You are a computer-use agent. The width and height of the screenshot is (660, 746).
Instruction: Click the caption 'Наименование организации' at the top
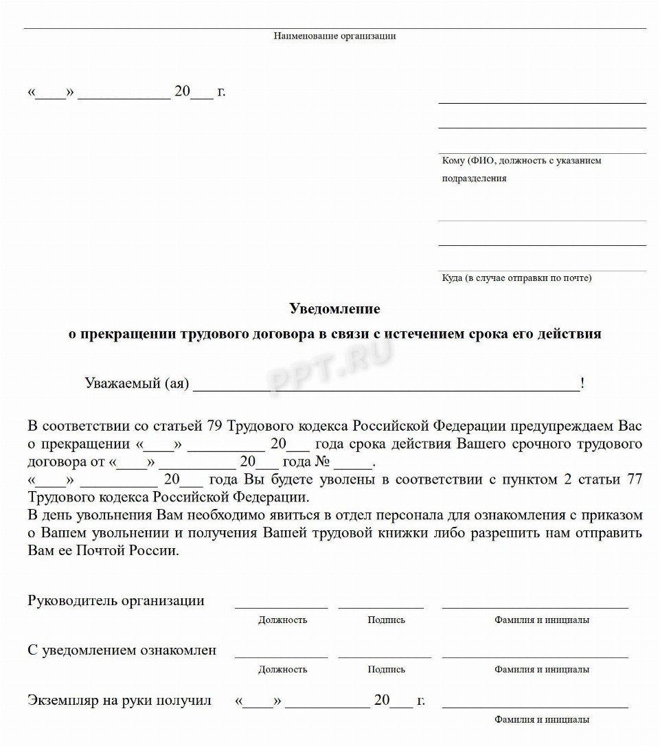click(x=334, y=36)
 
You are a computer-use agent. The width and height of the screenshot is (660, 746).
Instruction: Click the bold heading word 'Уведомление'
click(x=334, y=309)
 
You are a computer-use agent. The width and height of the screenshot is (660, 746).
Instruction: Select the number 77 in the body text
click(x=634, y=479)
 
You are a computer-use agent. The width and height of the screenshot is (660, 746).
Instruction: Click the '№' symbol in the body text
click(x=323, y=462)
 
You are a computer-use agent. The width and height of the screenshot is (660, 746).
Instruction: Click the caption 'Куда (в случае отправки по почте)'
click(x=516, y=278)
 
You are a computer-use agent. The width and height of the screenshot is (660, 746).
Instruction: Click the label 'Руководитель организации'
click(x=116, y=601)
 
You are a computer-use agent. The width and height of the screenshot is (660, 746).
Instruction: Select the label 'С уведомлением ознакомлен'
click(x=122, y=651)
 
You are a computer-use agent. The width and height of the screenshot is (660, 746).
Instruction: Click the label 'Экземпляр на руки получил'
click(x=120, y=701)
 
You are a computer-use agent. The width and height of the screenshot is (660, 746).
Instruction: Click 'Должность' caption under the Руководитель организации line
click(x=282, y=620)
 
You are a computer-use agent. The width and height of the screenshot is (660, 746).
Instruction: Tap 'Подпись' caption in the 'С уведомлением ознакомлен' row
click(x=386, y=669)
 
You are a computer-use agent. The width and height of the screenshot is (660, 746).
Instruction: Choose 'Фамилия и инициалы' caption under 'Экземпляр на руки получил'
click(x=541, y=720)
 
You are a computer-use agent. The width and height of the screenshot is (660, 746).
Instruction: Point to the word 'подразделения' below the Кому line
click(x=474, y=179)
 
